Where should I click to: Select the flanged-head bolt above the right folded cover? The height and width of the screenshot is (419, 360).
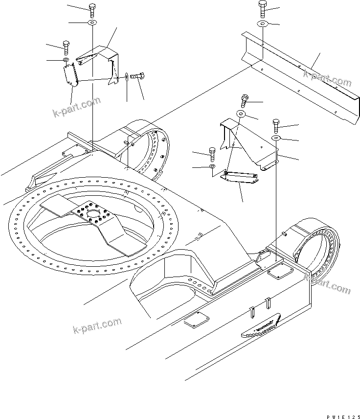245,100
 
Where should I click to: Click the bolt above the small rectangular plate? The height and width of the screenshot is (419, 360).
66,47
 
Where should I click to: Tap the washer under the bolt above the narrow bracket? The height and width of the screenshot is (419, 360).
212,167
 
